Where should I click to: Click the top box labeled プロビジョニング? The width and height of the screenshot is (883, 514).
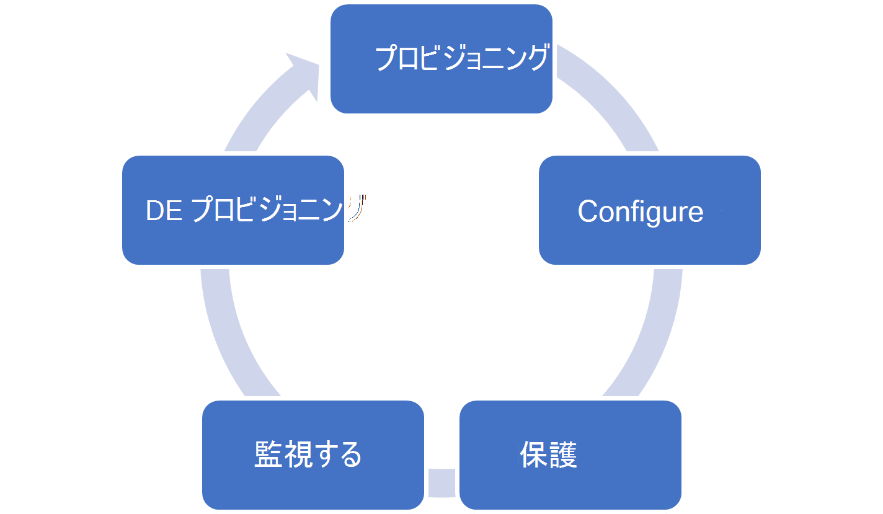[x=441, y=59]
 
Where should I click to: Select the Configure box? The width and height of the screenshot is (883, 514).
[x=649, y=211]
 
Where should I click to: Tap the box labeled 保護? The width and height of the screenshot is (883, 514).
[x=570, y=455]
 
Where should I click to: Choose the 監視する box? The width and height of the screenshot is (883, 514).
[x=313, y=455]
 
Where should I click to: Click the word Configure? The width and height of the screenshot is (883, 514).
[x=641, y=211]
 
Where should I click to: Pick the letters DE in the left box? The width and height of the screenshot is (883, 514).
[x=164, y=211]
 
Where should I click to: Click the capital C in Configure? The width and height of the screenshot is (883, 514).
[x=588, y=211]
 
